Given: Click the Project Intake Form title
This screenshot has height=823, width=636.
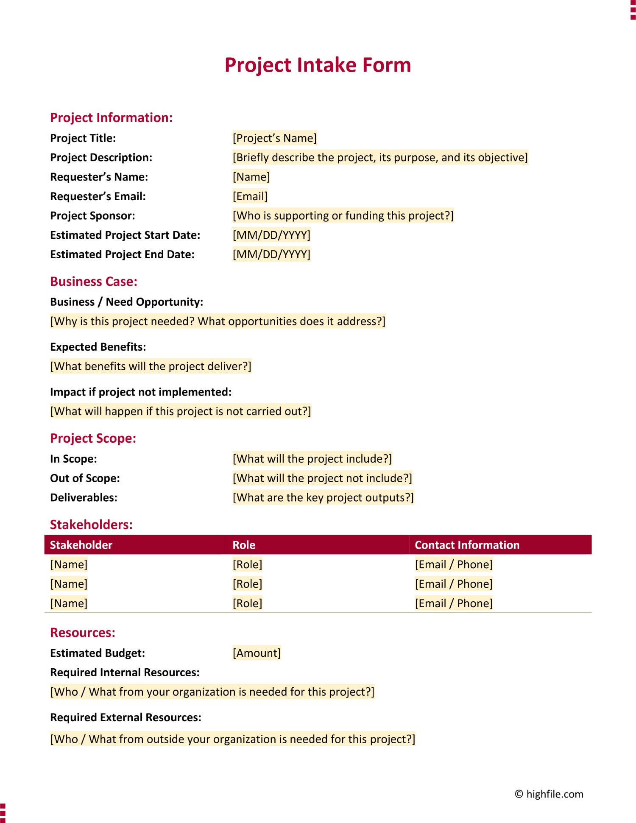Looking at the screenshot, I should point(318,65).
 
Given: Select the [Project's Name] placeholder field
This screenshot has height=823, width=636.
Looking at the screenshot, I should point(274,138).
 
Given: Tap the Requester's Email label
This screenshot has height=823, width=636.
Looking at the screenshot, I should point(98,196).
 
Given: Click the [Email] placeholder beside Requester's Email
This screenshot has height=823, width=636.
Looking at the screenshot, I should point(250,196).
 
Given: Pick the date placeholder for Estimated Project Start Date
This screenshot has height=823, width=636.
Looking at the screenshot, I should point(271,235).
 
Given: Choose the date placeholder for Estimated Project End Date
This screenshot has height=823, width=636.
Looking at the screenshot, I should point(271,254).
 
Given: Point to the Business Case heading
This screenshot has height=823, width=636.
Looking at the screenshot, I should point(94,282).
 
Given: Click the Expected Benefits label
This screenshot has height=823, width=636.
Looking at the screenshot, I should point(98,347).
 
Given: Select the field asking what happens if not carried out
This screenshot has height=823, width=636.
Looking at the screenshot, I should point(181,411).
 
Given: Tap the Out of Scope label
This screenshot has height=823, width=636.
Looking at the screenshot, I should point(85,478).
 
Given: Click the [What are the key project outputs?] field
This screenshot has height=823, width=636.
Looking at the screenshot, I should point(323,497).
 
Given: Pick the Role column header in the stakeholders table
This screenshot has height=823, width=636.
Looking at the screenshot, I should point(244,545).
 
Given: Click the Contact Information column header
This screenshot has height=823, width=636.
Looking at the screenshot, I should point(467,545).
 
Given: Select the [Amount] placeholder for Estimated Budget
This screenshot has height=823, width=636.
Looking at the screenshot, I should point(257,653).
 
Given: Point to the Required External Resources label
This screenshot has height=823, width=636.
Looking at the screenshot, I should point(126,717).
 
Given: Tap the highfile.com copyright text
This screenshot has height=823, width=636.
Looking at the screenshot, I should point(549,794).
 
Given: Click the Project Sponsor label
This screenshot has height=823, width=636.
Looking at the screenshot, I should point(92,216).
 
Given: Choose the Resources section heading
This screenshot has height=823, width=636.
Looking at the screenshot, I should point(83,633).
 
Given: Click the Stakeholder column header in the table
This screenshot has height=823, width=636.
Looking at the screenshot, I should point(81,545).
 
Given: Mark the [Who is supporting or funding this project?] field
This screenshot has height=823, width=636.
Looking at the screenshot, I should point(343,216).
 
